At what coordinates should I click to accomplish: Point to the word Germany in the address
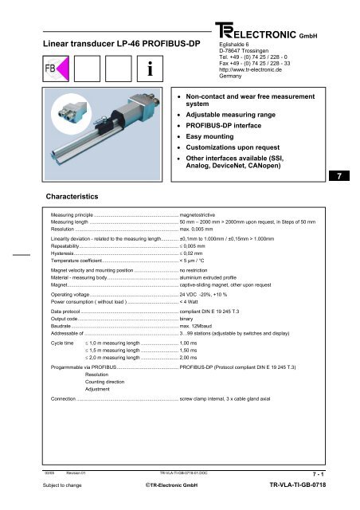tap(236, 76)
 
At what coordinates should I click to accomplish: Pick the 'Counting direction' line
tap(104, 383)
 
